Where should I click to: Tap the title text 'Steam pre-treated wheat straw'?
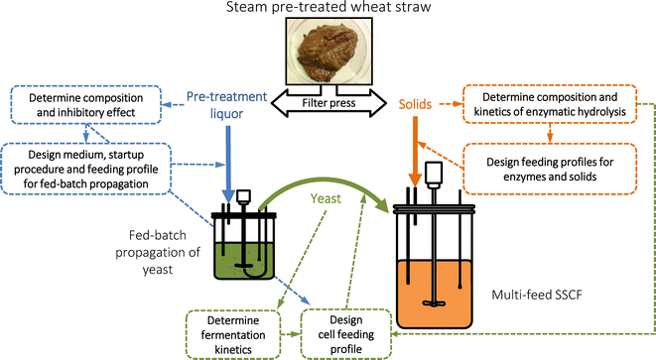327,10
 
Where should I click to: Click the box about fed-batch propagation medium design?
87,165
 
